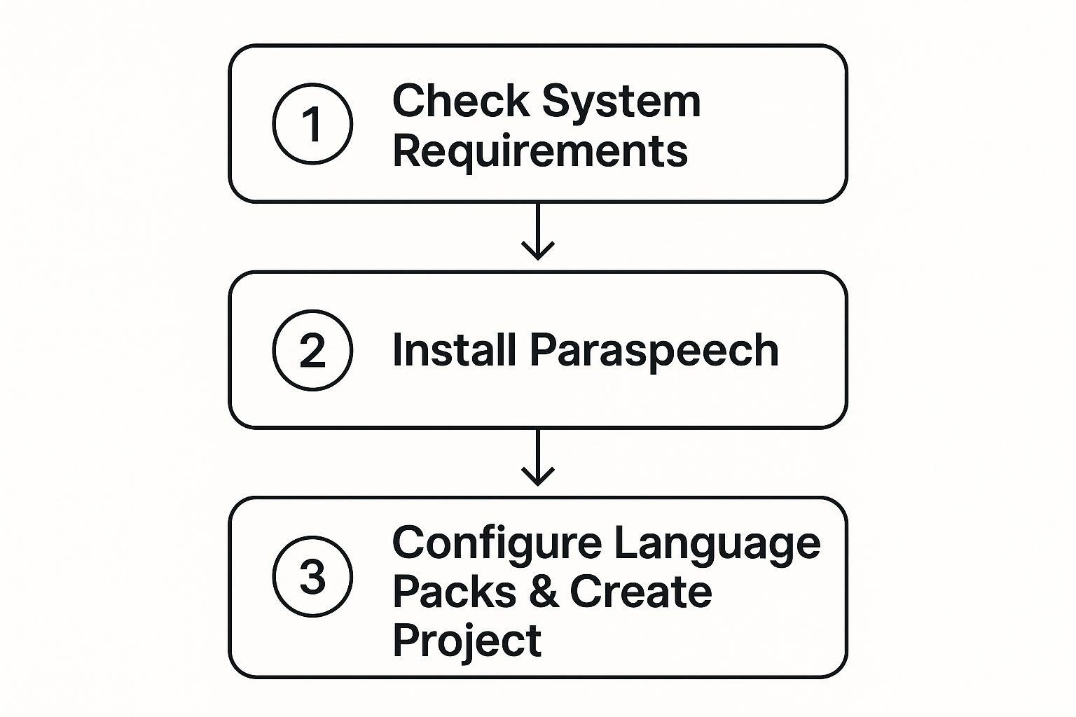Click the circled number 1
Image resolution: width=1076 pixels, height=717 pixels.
click(312, 124)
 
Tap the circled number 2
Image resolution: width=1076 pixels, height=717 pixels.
click(312, 350)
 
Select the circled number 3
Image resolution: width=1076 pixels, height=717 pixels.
click(312, 576)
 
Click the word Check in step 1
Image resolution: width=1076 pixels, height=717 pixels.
click(461, 101)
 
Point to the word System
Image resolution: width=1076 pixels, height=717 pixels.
click(621, 102)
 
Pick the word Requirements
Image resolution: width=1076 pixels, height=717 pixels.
click(540, 151)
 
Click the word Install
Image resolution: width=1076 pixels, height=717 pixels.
click(454, 349)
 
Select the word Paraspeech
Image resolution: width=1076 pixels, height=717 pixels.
click(654, 351)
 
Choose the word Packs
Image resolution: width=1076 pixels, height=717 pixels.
click(455, 592)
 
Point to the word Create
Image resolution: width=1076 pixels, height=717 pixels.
click(641, 592)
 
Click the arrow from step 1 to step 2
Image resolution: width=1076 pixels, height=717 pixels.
click(538, 231)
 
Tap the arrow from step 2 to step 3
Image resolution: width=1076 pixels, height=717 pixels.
click(538, 457)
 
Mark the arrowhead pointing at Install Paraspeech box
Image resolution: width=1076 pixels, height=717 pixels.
click(538, 252)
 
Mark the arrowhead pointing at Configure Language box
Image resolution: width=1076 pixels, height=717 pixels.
click(538, 478)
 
